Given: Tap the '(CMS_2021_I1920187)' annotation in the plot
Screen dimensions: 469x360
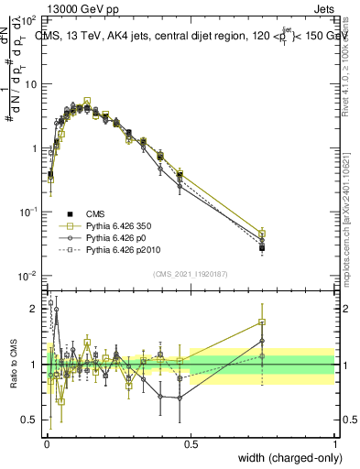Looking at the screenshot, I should click(191, 273).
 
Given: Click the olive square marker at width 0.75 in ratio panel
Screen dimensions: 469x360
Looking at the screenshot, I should click(263, 322).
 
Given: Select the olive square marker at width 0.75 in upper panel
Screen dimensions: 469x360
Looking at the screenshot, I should click(263, 234).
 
